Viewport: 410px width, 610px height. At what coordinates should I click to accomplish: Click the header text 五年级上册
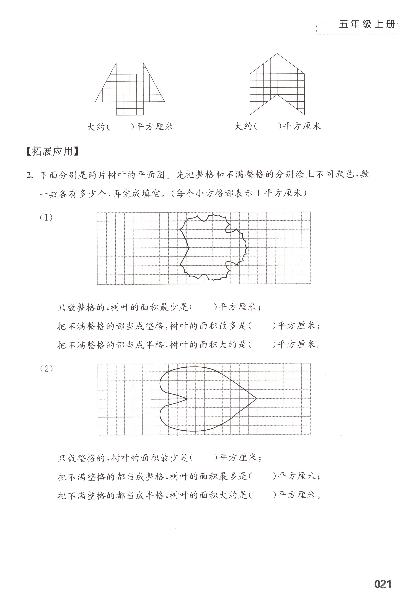pos(367,24)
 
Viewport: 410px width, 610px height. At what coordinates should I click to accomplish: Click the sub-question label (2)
pos(47,369)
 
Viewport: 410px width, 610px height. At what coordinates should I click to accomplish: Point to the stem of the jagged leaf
pos(179,247)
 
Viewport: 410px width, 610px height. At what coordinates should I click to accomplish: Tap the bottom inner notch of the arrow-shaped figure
pos(277,95)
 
